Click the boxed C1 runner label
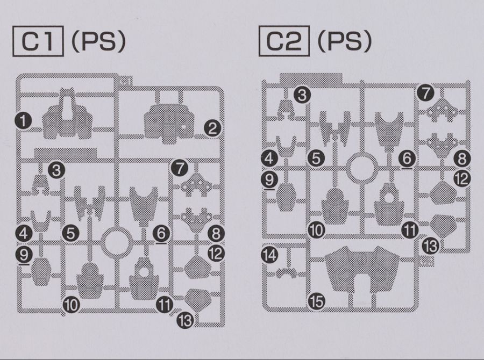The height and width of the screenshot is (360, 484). pos(38,41)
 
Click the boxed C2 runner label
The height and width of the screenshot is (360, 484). pos(284,41)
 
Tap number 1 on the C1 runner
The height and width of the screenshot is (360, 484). pos(24,120)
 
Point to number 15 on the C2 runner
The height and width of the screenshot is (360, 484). pos(317,301)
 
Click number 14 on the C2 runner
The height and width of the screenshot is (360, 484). pos(269,255)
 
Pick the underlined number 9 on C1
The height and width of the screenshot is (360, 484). pos(24,255)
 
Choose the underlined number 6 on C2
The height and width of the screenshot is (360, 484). pos(407,159)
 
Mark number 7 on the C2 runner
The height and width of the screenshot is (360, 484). pos(426,93)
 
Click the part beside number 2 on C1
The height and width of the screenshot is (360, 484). pos(169,124)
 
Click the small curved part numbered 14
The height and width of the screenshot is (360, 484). pos(287,273)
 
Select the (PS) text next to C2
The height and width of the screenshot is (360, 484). pos(345,41)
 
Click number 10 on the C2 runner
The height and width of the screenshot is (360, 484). pos(317,230)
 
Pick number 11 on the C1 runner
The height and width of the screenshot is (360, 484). pos(164,305)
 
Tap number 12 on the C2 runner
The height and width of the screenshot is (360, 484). pos(462,178)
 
